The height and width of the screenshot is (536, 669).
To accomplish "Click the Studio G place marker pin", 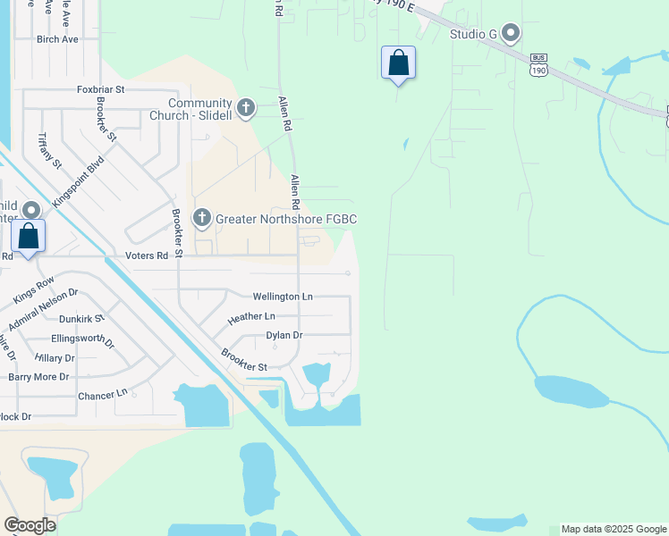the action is click(x=511, y=34).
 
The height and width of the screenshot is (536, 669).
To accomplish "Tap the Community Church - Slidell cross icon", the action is click(x=246, y=109).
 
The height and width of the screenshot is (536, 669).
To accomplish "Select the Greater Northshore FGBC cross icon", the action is click(x=203, y=218).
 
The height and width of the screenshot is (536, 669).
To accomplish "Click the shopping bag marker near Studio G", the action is click(x=398, y=63).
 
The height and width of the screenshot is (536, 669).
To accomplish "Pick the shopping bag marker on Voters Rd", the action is click(x=29, y=238).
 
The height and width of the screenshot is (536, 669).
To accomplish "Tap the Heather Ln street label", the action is click(x=251, y=317).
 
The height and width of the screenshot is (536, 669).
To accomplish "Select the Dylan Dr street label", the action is click(x=284, y=335).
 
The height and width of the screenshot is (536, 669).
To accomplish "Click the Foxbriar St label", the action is click(x=100, y=89).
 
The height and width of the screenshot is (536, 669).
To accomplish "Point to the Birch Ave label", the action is click(x=57, y=39).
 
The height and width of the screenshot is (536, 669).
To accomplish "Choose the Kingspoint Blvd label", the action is click(x=79, y=182).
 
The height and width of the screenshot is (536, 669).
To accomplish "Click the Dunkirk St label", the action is click(x=81, y=318).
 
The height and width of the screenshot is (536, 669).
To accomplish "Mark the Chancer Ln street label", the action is click(x=103, y=394).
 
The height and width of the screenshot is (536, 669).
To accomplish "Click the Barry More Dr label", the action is click(x=38, y=376).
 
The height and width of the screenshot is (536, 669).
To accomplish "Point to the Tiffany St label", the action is click(x=49, y=151).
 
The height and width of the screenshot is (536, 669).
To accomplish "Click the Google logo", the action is click(x=30, y=525).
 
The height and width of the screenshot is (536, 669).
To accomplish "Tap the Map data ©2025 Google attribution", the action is click(x=614, y=529).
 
